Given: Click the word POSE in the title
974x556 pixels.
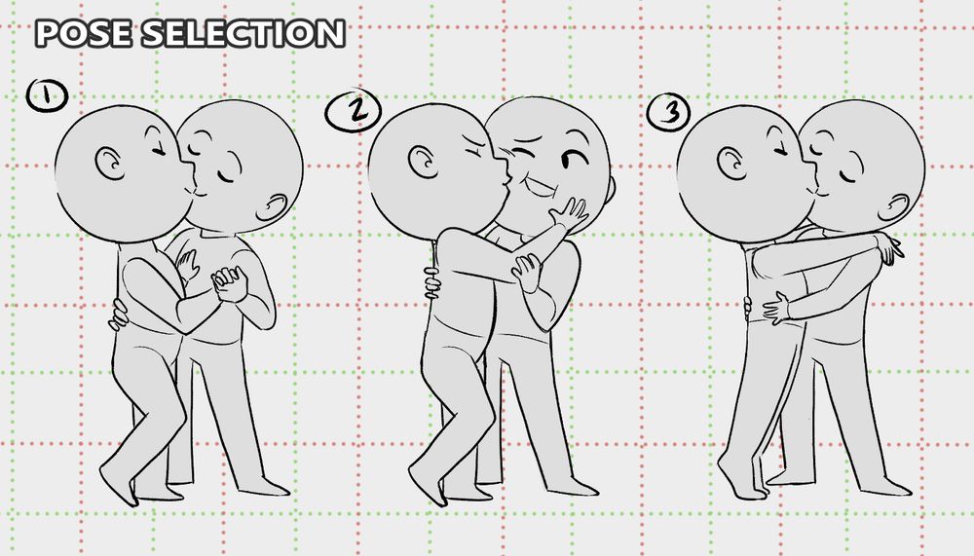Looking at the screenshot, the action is point(83,33).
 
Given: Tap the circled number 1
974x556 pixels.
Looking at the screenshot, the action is point(47,95).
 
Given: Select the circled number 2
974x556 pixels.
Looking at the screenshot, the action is point(353,111).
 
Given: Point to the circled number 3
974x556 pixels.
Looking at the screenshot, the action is point(668,112).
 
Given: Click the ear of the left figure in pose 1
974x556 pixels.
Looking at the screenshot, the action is point(109,164).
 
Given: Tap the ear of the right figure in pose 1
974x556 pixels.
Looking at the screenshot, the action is point(273,207).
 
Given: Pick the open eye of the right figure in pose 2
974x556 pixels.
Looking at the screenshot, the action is point(575,159).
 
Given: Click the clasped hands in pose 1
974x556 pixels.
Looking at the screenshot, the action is point(230,284).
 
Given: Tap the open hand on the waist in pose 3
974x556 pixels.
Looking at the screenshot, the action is point(775,308).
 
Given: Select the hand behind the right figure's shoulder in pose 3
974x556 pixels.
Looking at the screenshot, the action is point(889,247).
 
